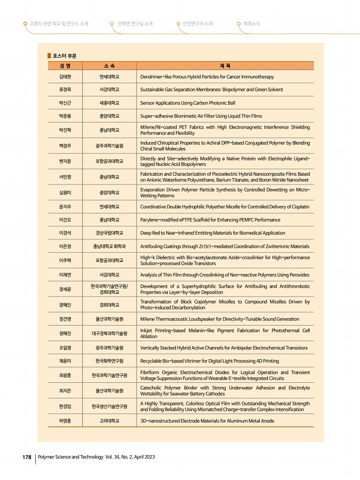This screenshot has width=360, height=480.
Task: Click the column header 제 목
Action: pyautogui.click(x=226, y=66)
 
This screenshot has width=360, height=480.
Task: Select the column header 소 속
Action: pyautogui.click(x=109, y=66)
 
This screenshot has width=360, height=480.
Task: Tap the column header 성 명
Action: pyautogui.click(x=64, y=66)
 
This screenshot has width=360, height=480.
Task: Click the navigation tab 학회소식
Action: pyautogui.click(x=250, y=24)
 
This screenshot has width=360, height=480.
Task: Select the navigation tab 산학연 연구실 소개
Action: pyautogui.click(x=134, y=24)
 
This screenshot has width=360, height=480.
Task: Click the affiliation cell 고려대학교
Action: pyautogui.click(x=109, y=421)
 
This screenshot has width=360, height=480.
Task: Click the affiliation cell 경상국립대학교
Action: pyautogui.click(x=109, y=233)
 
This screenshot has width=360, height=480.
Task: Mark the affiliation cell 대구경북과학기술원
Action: pyautogui.click(x=109, y=334)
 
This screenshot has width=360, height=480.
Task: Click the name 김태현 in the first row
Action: pyautogui.click(x=64, y=76)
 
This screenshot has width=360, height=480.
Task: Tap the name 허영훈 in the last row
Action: pyautogui.click(x=64, y=421)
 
